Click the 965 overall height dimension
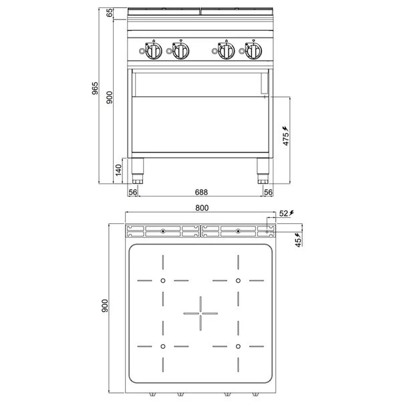(95, 88)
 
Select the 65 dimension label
(110, 13)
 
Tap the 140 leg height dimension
(118, 170)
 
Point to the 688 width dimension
(201, 192)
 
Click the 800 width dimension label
(202, 208)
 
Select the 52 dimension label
(283, 213)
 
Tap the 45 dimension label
(299, 243)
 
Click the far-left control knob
(154, 51)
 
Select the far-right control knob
(253, 51)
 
